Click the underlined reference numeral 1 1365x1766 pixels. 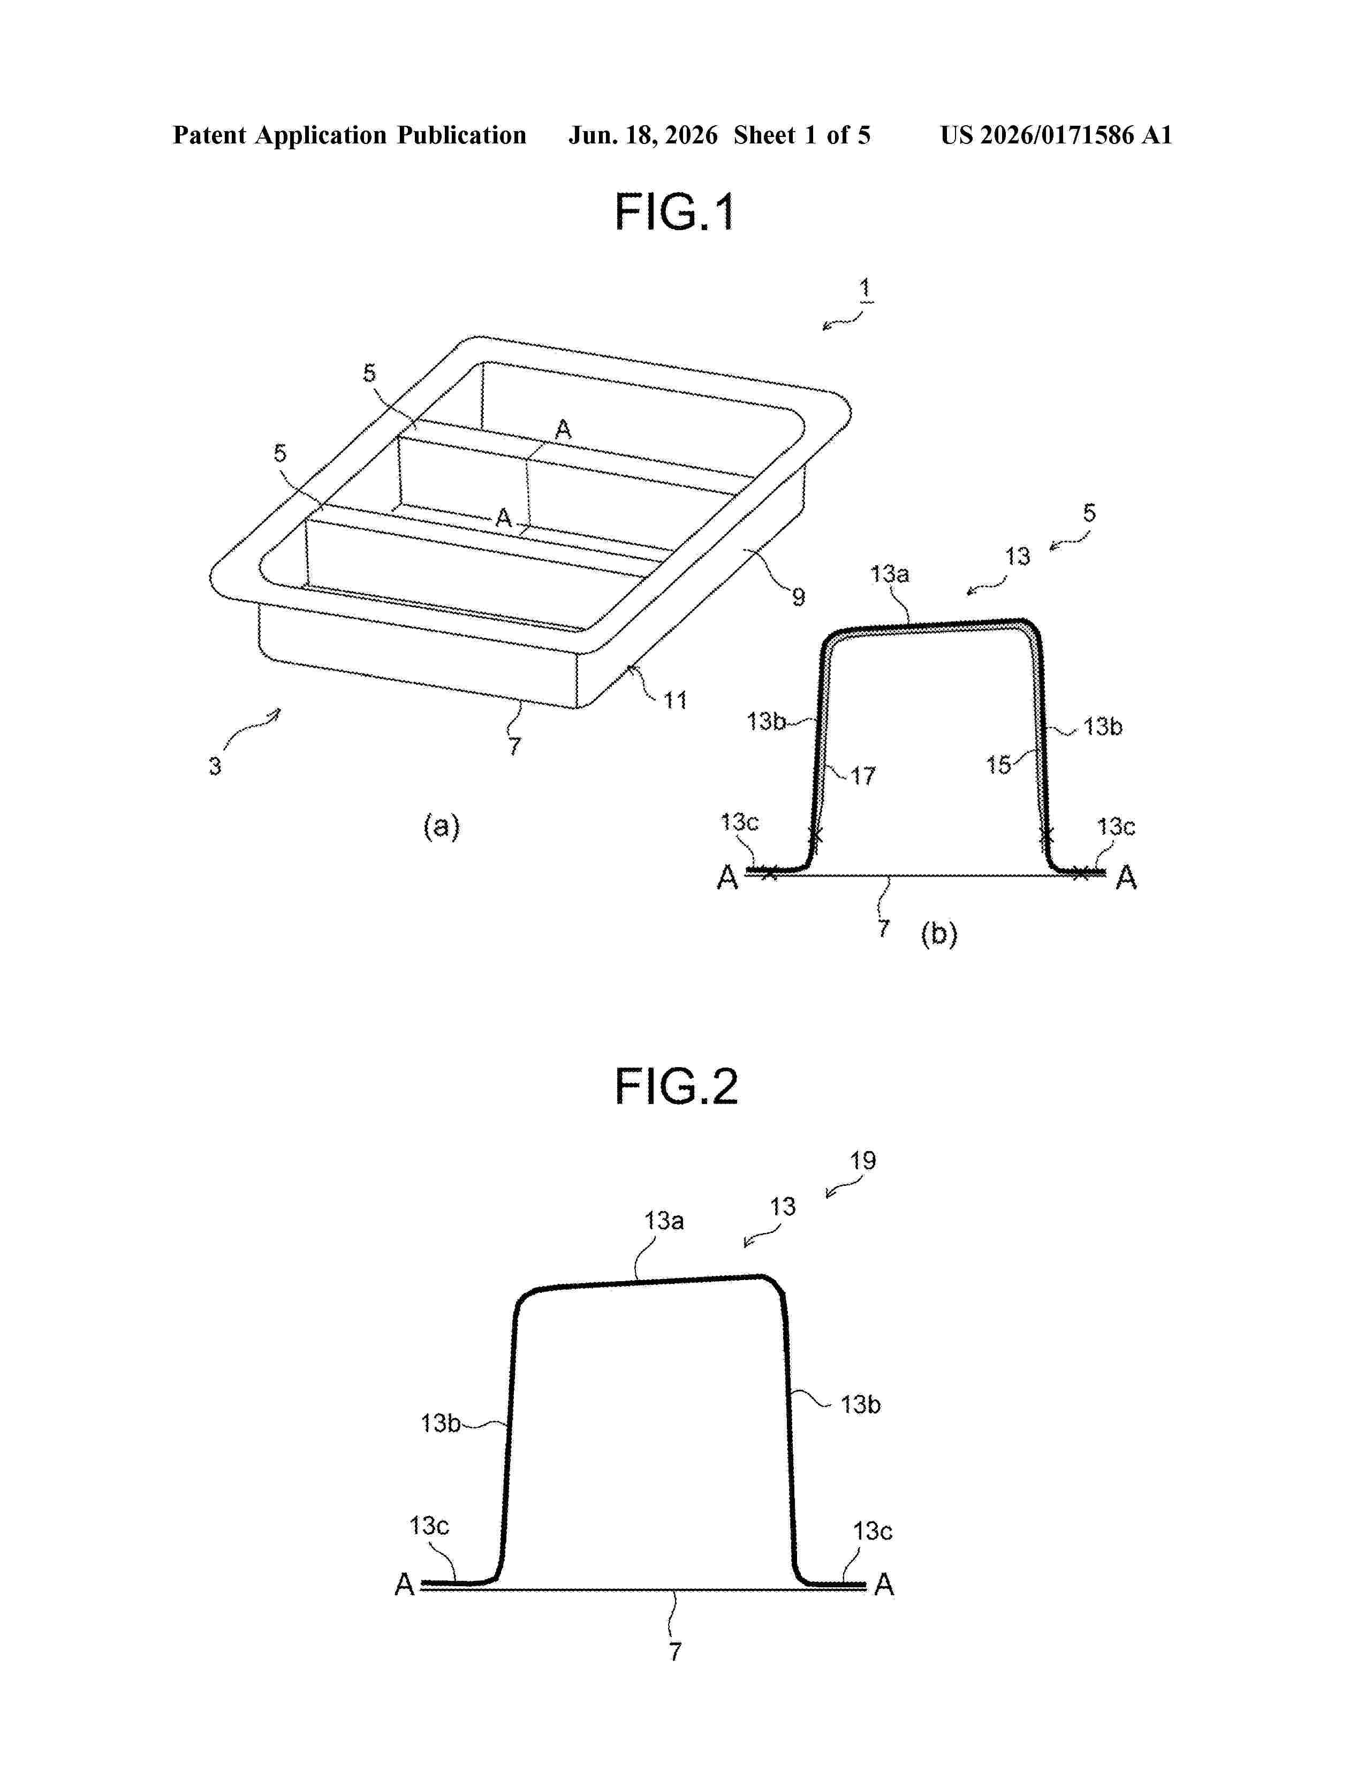(864, 288)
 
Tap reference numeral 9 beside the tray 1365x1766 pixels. (798, 598)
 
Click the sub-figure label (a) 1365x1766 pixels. (442, 826)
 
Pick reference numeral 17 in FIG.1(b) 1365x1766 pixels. (863, 777)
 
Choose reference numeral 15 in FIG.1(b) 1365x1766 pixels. (999, 764)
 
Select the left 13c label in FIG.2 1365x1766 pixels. (429, 1526)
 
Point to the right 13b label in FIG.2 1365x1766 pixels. (860, 1405)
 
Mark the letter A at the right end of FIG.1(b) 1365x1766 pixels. (1126, 878)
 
